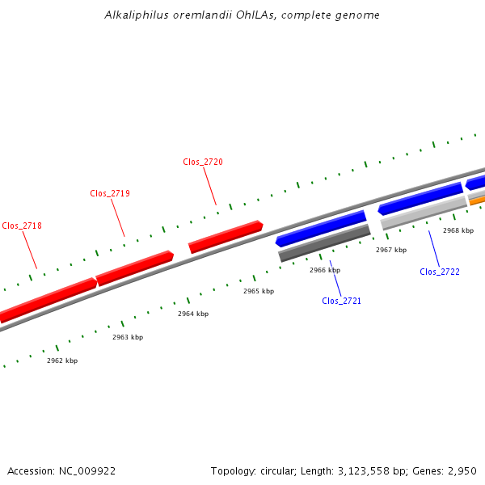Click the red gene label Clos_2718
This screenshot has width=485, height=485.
pos(22,226)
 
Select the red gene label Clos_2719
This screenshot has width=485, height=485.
pos(110,193)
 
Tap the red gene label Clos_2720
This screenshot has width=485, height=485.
pos(203,162)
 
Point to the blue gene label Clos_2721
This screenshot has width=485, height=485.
pos(342,301)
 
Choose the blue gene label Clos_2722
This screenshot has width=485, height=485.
pos(440,272)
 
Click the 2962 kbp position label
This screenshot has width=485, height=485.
pos(62,361)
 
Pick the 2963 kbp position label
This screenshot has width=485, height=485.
pos(128,337)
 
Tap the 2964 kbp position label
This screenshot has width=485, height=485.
pos(193,314)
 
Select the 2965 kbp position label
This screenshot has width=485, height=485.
pos(259,291)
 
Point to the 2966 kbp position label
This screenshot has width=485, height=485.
pos(325,270)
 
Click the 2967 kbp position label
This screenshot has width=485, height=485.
pos(391,250)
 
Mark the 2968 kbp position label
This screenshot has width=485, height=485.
pos(458,230)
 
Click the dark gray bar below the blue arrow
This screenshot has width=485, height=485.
pos(324,243)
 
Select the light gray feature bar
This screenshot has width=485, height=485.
pos(424,212)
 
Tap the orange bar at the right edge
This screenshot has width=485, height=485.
pos(478,199)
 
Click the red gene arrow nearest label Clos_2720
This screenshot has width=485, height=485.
pos(226,236)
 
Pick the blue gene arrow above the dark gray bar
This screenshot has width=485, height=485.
pos(321,229)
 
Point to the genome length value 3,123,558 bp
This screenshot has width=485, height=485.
pos(358,470)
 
